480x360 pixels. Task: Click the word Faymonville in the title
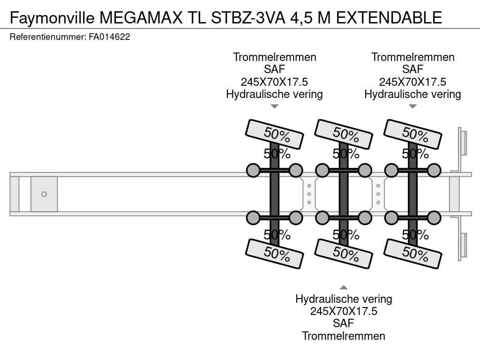coord(52,17)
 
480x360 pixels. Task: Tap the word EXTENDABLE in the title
coord(389,17)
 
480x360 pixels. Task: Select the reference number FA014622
coord(109,37)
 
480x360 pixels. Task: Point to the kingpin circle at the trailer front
coord(44,194)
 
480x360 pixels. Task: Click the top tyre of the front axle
coord(275,134)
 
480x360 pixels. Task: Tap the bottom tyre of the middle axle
coord(344,254)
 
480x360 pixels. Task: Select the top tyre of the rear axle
coord(412,134)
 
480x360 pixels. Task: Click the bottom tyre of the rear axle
coord(412,254)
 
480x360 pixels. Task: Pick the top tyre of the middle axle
coord(344,134)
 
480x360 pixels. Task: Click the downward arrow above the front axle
coord(275,106)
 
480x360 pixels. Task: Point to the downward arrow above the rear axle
coord(412,106)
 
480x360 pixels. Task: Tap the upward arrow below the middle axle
coord(344,287)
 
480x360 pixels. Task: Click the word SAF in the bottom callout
coord(344,323)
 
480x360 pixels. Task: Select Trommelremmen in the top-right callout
coord(412,57)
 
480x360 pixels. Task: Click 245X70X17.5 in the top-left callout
coord(275,82)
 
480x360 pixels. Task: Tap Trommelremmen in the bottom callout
coord(344,336)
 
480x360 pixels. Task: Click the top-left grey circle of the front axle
coord(253,171)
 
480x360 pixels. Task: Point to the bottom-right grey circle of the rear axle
coord(434,217)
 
